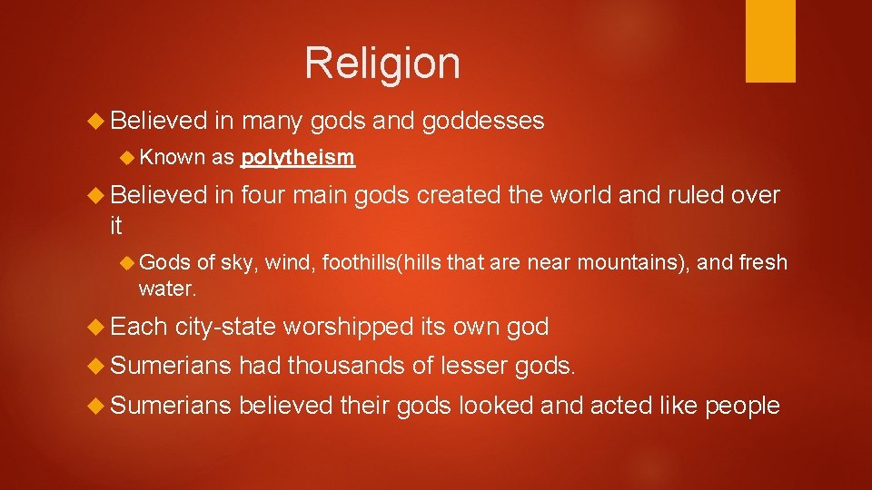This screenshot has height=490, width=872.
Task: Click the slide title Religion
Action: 382,64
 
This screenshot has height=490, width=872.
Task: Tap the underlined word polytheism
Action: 297,158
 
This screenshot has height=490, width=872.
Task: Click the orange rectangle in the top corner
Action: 770,41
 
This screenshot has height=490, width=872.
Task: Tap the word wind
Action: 282,263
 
